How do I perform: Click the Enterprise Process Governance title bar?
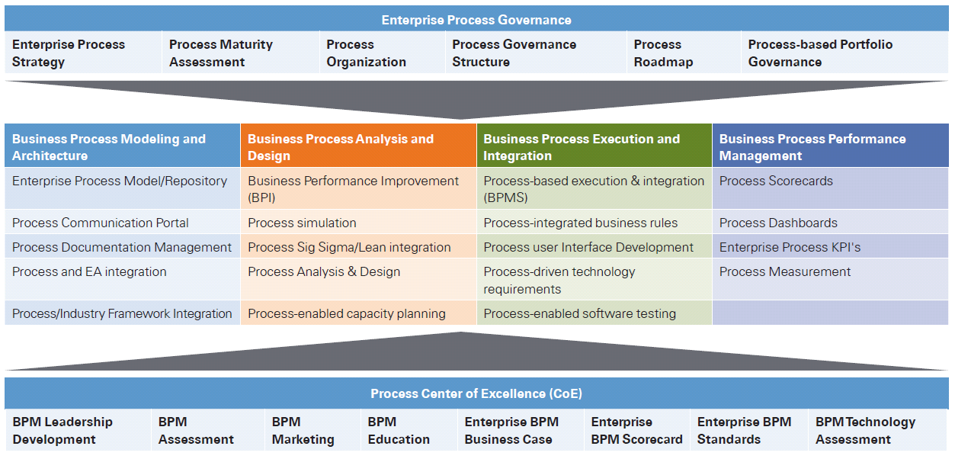click(x=476, y=20)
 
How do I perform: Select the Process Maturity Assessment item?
click(x=221, y=53)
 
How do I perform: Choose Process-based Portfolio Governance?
click(x=820, y=53)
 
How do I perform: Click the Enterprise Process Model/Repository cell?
click(x=120, y=181)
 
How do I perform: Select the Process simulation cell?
click(x=303, y=223)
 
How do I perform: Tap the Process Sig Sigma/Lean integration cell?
click(x=349, y=248)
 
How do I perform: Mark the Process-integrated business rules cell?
click(x=581, y=223)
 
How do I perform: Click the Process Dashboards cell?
click(x=778, y=223)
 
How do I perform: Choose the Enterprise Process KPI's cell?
click(x=790, y=248)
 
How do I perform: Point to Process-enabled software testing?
click(x=580, y=313)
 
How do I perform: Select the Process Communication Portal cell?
click(x=101, y=223)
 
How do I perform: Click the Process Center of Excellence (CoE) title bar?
click(x=476, y=393)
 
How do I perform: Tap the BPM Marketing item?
click(x=303, y=431)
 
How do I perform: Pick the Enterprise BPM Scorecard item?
click(x=636, y=431)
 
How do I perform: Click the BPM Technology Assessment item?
click(x=865, y=431)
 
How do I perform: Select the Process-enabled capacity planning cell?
click(x=347, y=313)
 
